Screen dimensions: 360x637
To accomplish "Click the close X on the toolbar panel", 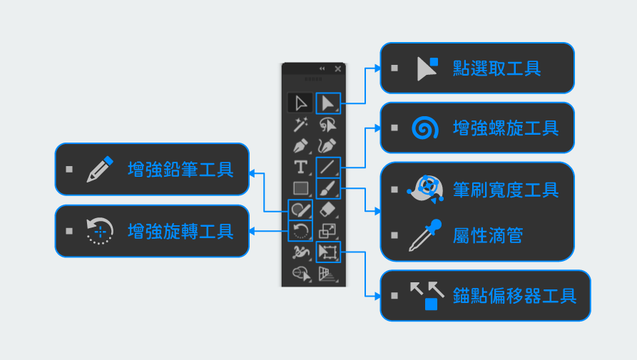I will [338, 68].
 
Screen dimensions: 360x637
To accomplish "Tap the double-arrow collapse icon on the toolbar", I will [322, 68].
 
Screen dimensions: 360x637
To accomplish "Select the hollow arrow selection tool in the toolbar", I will [301, 103].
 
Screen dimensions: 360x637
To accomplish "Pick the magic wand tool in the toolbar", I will [301, 125].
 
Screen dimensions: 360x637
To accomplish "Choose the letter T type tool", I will [301, 168].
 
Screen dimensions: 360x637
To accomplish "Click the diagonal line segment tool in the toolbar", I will [327, 168].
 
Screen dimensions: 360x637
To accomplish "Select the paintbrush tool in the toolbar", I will [327, 189].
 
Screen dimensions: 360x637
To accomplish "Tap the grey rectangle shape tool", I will [301, 189].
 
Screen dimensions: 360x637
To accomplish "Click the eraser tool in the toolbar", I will [327, 210].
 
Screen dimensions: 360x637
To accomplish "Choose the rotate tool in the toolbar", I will [301, 231].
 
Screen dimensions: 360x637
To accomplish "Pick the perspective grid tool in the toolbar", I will [327, 274].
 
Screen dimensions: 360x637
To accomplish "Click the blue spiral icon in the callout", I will [424, 128].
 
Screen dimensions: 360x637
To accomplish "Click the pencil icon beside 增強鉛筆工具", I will [99, 170].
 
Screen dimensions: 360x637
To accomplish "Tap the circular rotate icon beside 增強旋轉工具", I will [99, 231].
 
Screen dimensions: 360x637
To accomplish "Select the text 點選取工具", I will [496, 68].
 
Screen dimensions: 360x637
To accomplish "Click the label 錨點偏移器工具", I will [514, 296].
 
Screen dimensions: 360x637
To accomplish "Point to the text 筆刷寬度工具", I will [506, 190].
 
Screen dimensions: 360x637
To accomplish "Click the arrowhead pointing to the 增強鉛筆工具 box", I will [252, 171].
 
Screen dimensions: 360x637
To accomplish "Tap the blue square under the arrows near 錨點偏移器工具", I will [431, 304].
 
